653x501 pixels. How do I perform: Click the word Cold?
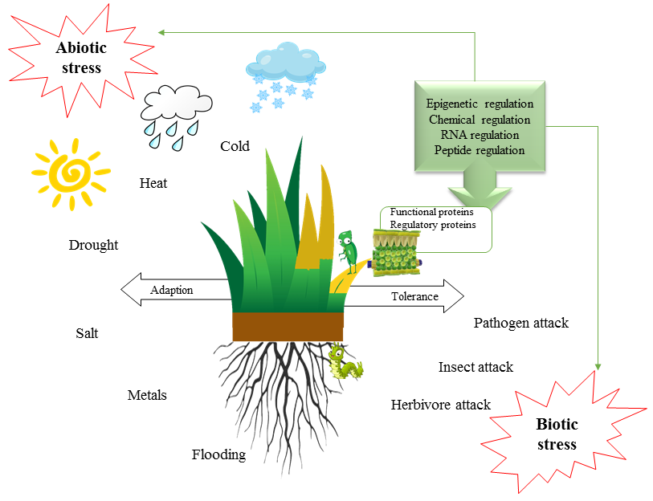tap(235, 146)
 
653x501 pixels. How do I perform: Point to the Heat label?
tap(153, 183)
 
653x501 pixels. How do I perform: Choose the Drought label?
tap(93, 245)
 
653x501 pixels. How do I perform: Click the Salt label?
tap(87, 333)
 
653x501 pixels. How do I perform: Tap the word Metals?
tap(147, 395)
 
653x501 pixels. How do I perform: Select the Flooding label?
tap(218, 455)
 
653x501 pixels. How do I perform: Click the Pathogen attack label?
tap(520, 324)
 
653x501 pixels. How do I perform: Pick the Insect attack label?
tap(475, 367)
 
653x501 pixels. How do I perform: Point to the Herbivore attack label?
tap(440, 405)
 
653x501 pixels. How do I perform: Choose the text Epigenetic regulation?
tap(480, 104)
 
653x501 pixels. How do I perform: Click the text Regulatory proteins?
tap(432, 225)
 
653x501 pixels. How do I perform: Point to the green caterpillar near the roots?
tap(343, 363)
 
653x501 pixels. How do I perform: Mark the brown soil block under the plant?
tap(288, 326)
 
